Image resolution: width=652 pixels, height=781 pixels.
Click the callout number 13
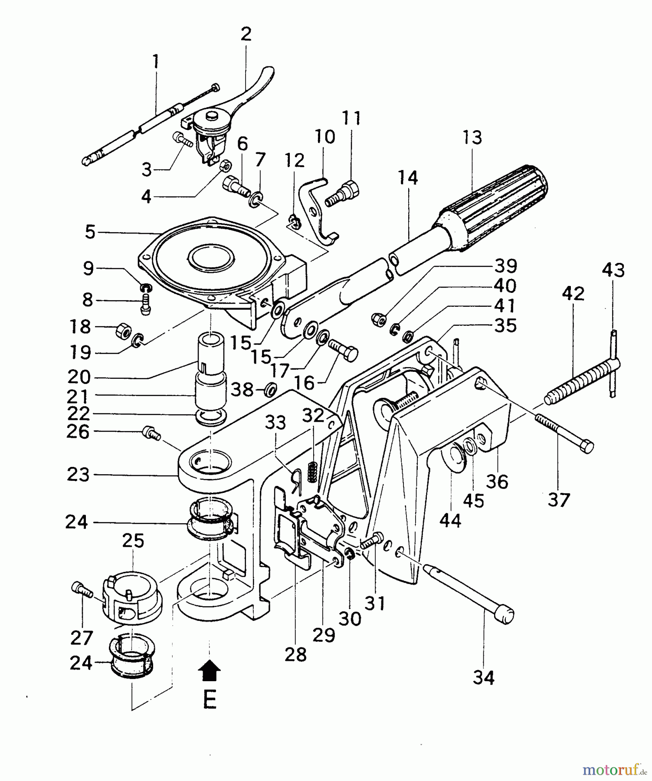[472, 138]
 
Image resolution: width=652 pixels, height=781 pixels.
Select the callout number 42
[573, 294]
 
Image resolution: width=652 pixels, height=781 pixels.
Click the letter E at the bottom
[210, 699]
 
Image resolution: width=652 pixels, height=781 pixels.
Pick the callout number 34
[483, 677]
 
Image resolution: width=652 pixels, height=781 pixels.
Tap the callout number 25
[133, 541]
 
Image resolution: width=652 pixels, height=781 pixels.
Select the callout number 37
[558, 500]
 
